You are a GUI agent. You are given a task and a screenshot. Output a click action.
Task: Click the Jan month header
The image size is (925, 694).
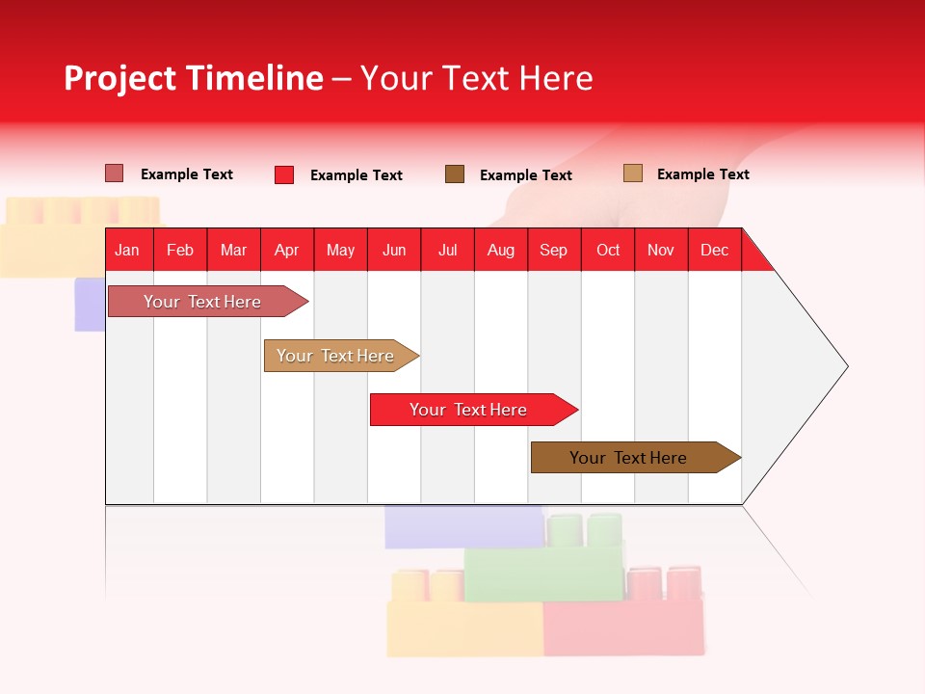click(127, 250)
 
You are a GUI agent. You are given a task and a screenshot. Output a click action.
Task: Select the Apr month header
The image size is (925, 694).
click(286, 250)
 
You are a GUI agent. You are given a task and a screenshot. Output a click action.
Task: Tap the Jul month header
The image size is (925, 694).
click(447, 250)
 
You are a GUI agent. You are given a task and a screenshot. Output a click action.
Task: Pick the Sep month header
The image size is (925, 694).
click(553, 250)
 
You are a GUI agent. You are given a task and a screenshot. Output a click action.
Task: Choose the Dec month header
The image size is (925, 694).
click(714, 250)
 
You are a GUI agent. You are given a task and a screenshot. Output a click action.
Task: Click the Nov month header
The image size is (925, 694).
click(660, 250)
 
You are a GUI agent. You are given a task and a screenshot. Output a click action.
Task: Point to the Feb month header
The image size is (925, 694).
click(180, 250)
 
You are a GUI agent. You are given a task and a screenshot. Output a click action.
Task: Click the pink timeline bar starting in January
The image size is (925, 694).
click(202, 302)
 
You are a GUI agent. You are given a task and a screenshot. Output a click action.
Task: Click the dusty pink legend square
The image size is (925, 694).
click(114, 173)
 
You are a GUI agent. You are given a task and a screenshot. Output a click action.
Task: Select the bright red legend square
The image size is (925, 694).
click(283, 174)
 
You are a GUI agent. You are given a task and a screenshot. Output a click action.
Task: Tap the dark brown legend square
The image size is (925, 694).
click(455, 173)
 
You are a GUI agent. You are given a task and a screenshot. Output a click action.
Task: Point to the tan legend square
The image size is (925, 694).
click(632, 173)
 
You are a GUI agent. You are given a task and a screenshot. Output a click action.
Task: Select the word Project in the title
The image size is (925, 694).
click(120, 78)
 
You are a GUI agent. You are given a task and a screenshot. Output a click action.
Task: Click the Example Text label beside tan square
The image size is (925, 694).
click(702, 173)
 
